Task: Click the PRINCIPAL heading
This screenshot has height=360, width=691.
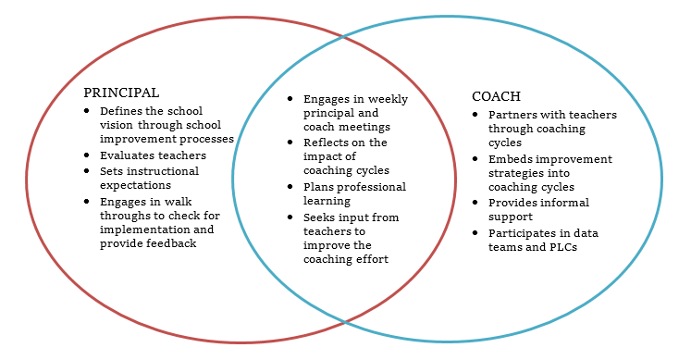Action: click(x=121, y=93)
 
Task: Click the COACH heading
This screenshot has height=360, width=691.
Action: click(x=496, y=96)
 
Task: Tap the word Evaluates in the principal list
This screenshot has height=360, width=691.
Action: click(x=126, y=155)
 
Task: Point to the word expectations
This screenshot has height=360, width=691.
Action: click(x=135, y=185)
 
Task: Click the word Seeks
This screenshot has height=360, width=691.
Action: click(x=317, y=217)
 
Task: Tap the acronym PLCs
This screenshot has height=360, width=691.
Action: click(x=563, y=247)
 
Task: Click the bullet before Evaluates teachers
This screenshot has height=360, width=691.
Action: click(x=86, y=155)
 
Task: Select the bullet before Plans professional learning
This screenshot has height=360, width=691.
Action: click(x=290, y=187)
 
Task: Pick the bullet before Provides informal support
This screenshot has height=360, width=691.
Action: click(x=475, y=203)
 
